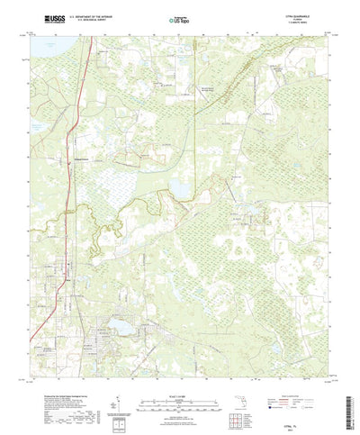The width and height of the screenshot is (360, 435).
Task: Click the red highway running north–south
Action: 72,180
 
